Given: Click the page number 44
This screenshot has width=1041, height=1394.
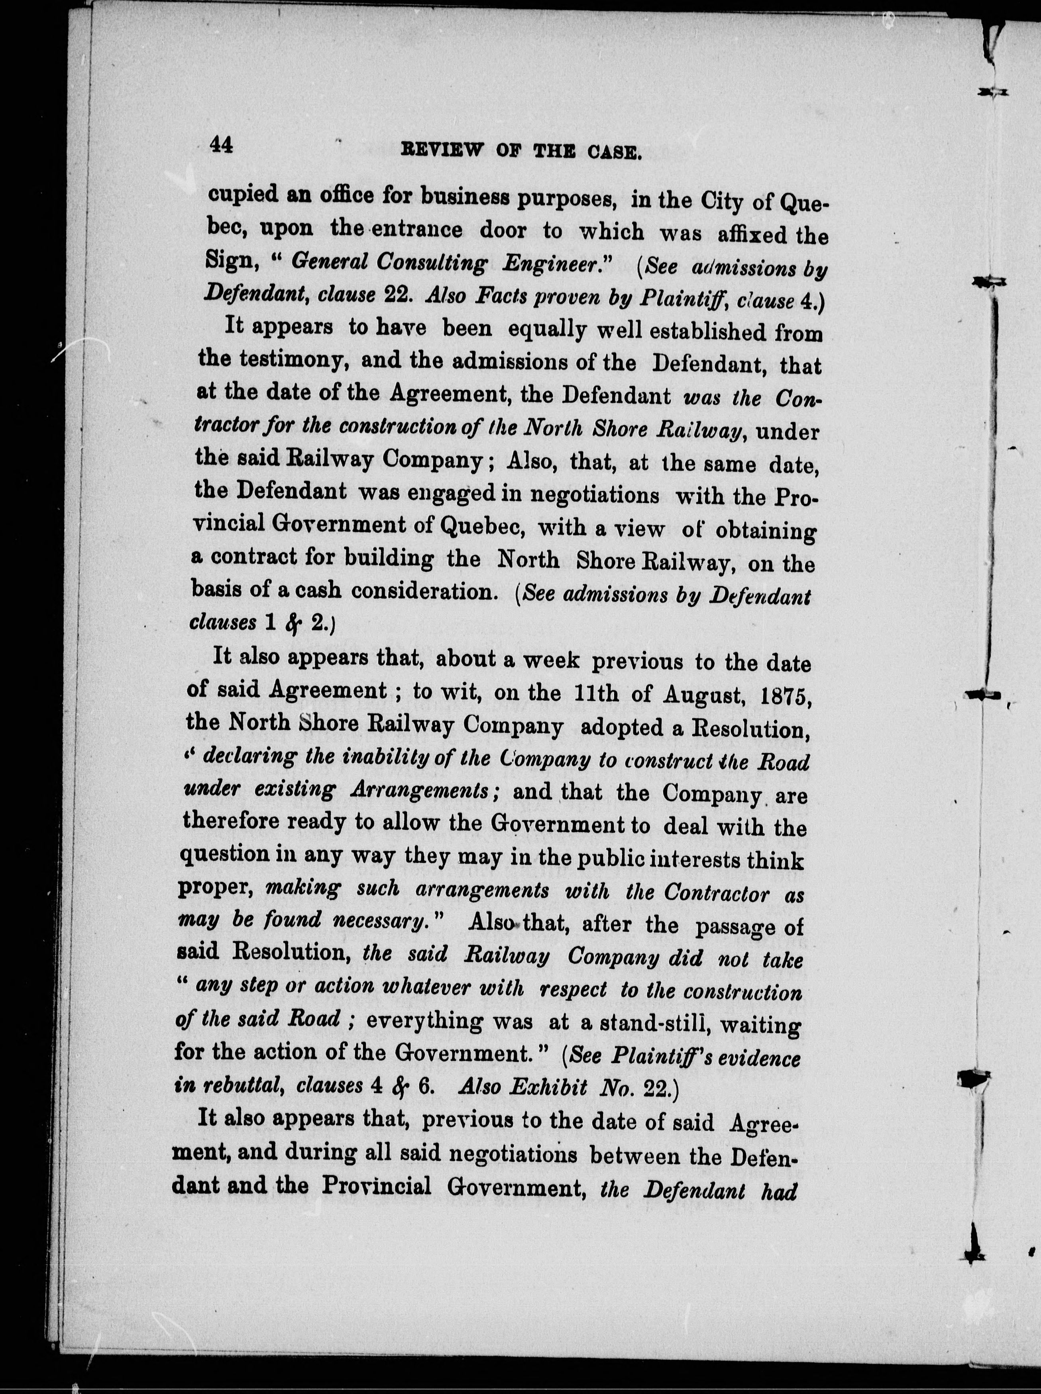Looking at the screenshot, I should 222,146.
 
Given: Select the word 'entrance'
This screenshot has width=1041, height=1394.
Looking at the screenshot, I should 423,230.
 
